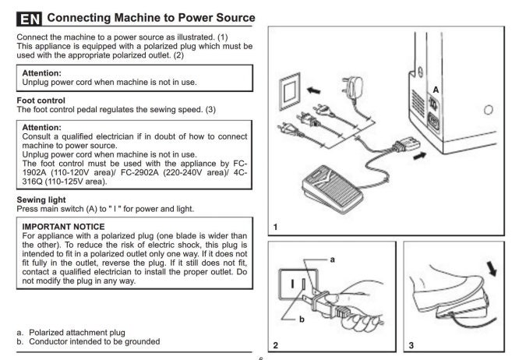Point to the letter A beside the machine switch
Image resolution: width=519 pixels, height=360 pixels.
(436, 90)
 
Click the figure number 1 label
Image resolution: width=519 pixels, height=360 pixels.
(275, 227)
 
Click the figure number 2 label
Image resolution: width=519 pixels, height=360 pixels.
(275, 344)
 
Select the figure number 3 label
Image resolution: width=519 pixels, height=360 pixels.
(411, 344)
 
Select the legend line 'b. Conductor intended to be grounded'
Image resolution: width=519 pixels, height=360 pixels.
(89, 341)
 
